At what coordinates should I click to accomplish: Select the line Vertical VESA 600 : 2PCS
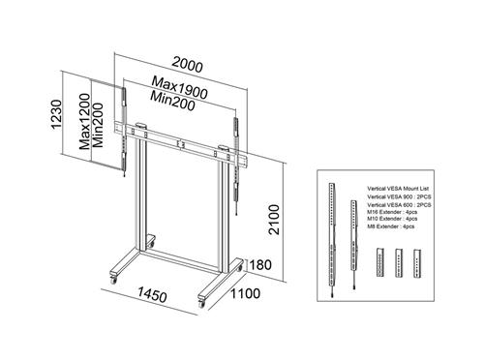(399, 206)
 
